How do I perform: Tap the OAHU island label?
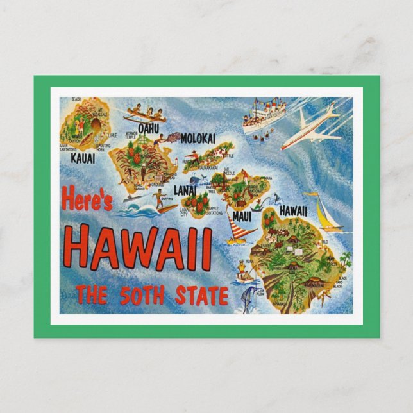[x=148, y=128]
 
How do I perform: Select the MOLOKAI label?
[x=198, y=138]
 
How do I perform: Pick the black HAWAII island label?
[x=292, y=211]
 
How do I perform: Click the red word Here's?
[x=87, y=200]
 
